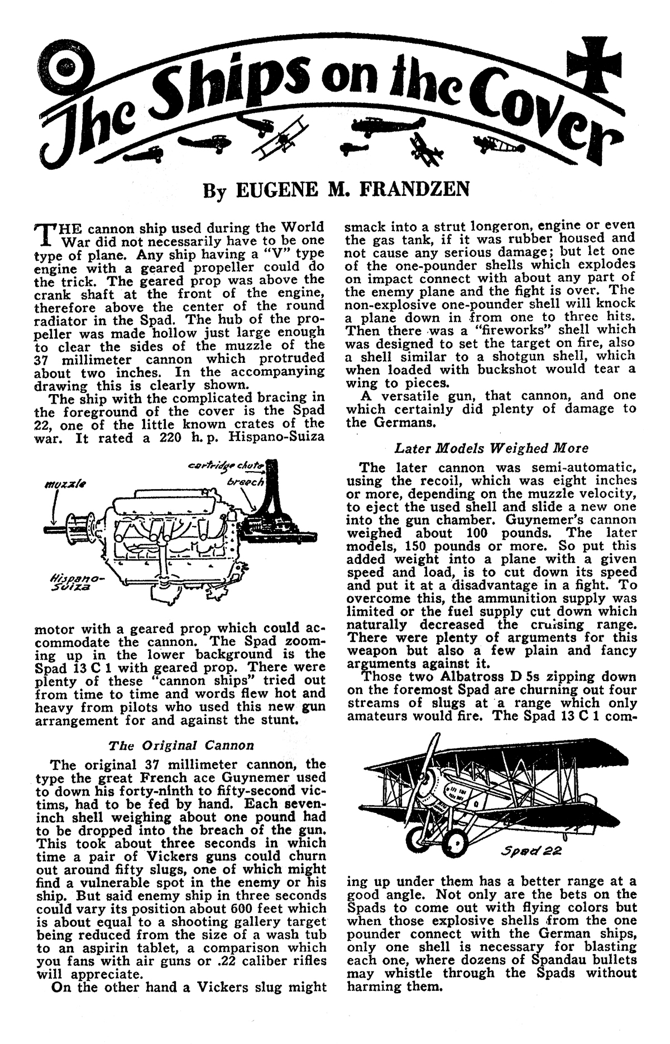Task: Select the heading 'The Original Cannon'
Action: tap(181, 745)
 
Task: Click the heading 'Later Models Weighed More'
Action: tap(491, 448)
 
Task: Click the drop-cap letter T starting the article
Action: tap(42, 234)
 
